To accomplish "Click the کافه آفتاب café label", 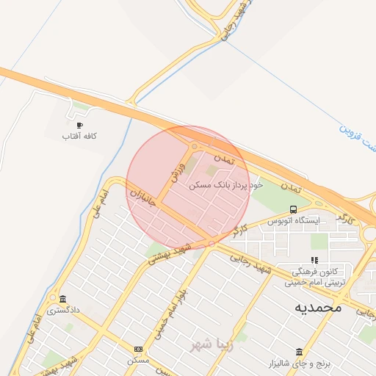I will click(79, 137).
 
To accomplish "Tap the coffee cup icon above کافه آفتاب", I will click(79, 125).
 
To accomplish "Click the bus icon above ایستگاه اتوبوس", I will click(294, 209).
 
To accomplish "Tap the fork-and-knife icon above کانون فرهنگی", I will click(314, 260).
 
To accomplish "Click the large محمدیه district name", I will click(318, 308).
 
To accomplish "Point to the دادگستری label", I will click(63, 311).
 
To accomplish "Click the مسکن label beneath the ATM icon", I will click(138, 361).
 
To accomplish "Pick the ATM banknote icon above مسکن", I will click(138, 349).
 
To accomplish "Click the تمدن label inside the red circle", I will click(223, 158).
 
